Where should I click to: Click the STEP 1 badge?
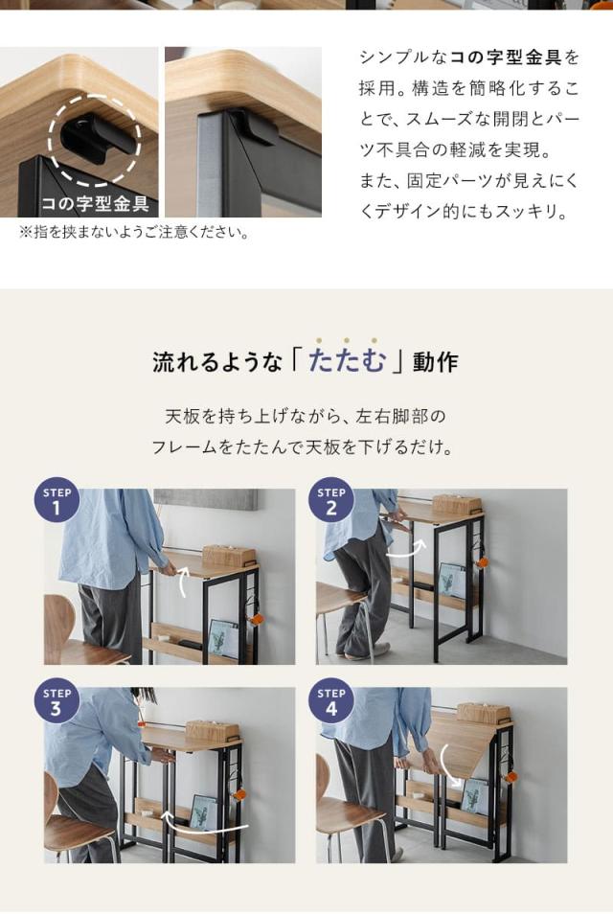coord(57,502)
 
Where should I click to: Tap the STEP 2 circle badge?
coord(331,502)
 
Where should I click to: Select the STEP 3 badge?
coord(57,701)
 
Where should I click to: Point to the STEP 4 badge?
coord(331,701)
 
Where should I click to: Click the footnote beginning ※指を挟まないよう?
coord(133,233)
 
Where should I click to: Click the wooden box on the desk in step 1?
coord(228,555)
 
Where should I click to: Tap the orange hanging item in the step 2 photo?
coord(482,561)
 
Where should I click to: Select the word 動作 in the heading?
coord(436,362)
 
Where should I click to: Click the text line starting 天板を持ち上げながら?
coord(306,417)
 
